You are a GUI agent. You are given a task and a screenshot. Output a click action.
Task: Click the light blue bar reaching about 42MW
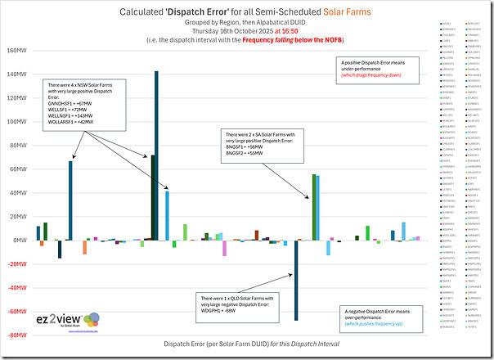(167, 215)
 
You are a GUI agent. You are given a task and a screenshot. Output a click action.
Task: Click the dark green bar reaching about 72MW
(152, 197)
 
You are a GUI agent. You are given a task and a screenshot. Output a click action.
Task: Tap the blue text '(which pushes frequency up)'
(377, 324)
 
